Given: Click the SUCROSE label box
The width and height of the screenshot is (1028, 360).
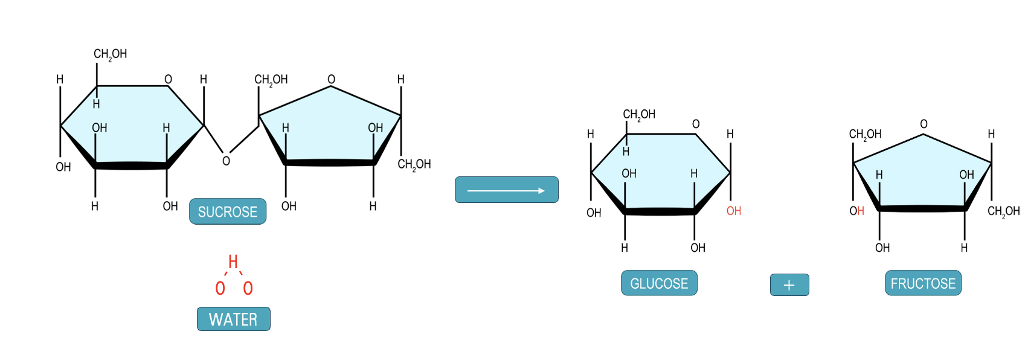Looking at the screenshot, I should tap(228, 211).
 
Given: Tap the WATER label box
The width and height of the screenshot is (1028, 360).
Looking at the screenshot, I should tap(233, 319).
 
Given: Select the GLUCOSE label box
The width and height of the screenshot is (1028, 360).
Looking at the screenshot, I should tap(659, 283).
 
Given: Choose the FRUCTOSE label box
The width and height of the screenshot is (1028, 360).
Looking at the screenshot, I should tap(923, 283).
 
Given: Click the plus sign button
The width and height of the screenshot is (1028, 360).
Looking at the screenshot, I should tap(789, 285).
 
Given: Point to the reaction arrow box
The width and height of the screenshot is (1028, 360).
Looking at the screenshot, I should tap(506, 190).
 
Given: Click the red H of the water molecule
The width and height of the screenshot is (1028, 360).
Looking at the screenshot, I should tap(233, 262).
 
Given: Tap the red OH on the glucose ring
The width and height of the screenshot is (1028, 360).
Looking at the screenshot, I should tap(734, 211).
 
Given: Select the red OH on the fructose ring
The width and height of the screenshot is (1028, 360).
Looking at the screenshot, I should tap(856, 211).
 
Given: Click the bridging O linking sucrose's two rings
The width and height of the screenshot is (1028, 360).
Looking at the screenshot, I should tap(226, 161).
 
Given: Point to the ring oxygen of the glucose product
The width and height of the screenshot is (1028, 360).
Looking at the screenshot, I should tap(696, 124).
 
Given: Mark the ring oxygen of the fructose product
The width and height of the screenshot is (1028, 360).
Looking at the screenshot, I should tap(924, 124).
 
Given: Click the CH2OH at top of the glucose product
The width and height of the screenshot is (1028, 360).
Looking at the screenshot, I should tap(639, 114).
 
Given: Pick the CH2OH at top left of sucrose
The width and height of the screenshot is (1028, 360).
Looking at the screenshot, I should tap(110, 54).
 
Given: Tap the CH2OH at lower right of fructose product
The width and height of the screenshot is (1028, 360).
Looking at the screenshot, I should tap(1003, 211).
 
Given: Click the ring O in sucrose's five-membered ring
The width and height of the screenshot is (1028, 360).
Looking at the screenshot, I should tap(331, 79).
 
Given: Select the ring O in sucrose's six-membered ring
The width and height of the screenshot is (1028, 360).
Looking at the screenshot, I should tap(168, 79).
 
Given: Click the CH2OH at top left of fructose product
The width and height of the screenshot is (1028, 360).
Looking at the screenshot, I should tap(865, 134).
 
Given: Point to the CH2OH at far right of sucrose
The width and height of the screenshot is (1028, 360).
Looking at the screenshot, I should tap(414, 164).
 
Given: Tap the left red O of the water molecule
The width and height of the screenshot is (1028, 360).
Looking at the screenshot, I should tap(220, 289).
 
